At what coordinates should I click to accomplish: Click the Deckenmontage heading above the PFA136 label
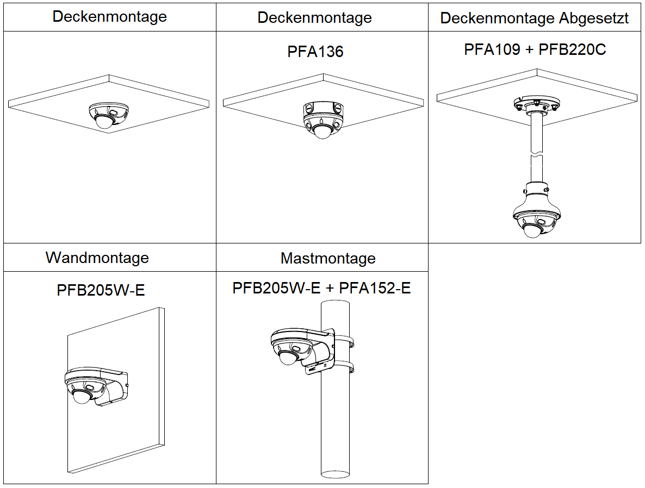[314, 17]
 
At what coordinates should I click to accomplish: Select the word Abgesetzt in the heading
[594, 18]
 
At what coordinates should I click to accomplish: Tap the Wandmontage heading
[97, 257]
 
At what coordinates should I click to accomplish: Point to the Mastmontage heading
[328, 258]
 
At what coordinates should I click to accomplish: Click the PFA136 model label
[315, 52]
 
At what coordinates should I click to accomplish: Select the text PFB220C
[572, 49]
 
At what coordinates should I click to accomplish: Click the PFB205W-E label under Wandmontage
[101, 290]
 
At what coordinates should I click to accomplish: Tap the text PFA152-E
[375, 288]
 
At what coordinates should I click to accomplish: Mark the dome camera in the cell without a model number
[103, 115]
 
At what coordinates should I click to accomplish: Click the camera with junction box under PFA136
[323, 118]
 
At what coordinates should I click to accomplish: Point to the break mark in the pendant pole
[536, 157]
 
